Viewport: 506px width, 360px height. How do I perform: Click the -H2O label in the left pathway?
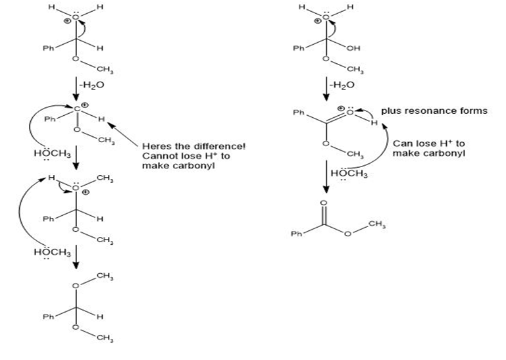[x=91, y=86]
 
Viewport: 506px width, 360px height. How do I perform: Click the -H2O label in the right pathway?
[x=342, y=85]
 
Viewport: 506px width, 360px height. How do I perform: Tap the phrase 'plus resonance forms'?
[x=434, y=111]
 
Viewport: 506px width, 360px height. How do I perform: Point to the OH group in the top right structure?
[x=353, y=48]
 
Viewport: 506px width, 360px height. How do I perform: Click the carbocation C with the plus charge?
[x=77, y=109]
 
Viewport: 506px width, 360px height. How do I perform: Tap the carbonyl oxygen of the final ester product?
[x=324, y=203]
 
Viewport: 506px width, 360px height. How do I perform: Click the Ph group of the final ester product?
[x=296, y=233]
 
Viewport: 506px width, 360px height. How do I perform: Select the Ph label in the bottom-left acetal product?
[x=49, y=317]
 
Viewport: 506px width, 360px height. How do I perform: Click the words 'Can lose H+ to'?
[x=429, y=143]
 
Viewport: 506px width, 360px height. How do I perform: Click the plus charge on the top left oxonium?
[x=67, y=21]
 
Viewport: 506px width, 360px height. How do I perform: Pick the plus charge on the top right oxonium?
[x=318, y=21]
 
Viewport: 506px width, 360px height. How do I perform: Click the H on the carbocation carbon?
[x=101, y=119]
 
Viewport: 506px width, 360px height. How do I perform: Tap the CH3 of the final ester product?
[x=377, y=224]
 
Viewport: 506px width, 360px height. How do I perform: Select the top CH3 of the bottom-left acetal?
[x=105, y=276]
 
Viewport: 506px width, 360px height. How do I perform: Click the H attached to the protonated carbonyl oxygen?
[x=374, y=122]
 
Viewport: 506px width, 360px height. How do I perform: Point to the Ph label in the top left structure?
[x=49, y=48]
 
